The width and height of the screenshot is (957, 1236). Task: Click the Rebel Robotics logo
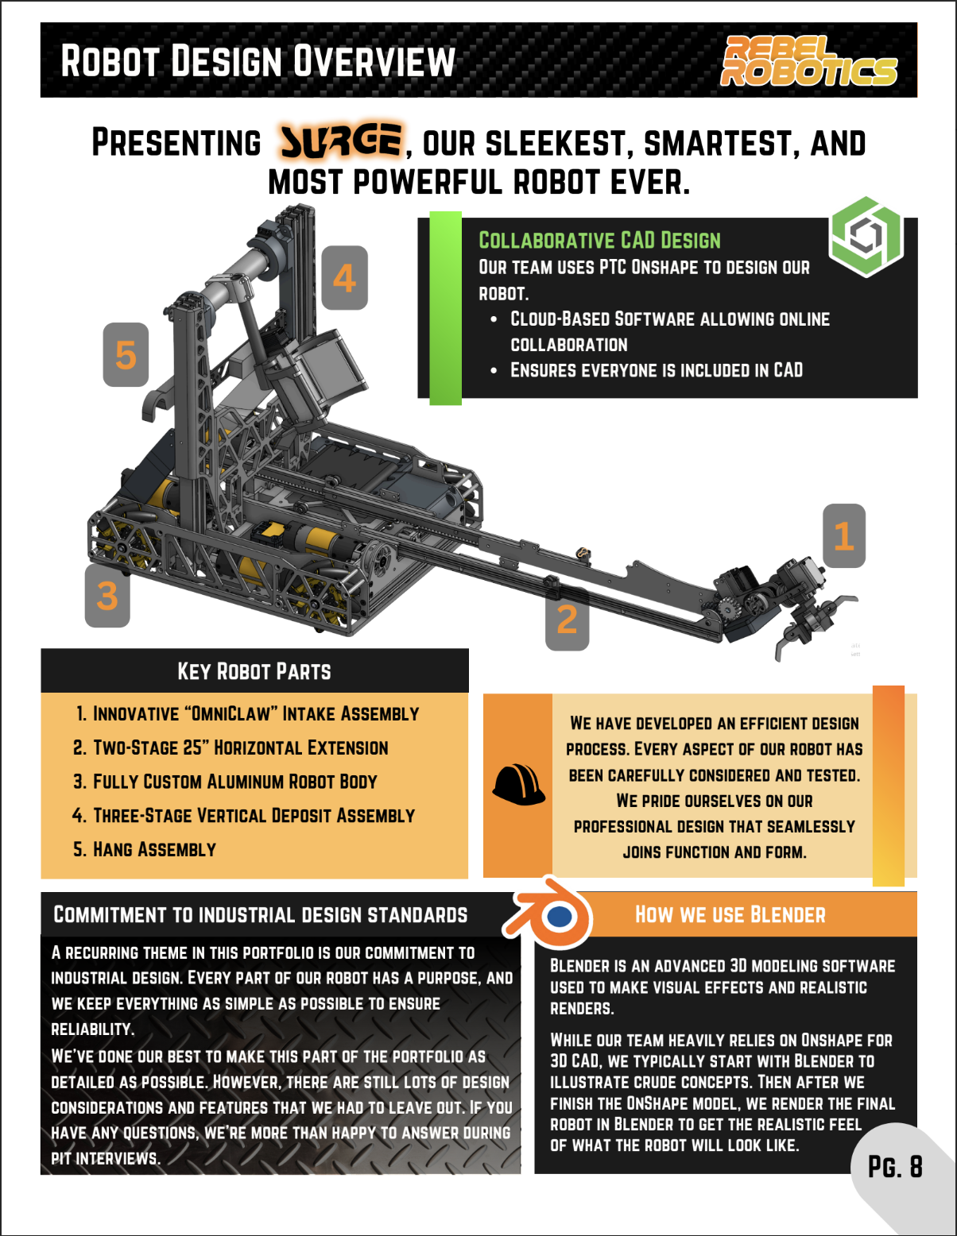point(809,61)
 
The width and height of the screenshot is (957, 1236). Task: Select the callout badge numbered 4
point(345,277)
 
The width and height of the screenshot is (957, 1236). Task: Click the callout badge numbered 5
point(126,355)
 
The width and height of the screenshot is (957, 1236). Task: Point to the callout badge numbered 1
point(844,536)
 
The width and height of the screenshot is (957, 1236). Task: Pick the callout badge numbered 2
point(568,619)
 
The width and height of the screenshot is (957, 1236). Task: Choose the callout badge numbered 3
point(107,596)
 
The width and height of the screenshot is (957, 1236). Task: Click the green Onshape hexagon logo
point(866,237)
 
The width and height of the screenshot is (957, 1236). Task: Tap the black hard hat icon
point(518,784)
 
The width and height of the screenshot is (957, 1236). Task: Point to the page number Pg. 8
point(895,1166)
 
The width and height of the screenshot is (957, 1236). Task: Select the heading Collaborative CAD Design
point(599,241)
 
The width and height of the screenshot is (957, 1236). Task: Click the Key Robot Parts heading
point(254,671)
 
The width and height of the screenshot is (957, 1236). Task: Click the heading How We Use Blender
point(730,914)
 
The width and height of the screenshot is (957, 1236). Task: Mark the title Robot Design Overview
point(258,61)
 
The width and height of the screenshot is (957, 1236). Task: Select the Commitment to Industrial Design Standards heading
point(260,914)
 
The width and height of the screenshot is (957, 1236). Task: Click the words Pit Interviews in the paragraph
point(106,1159)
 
